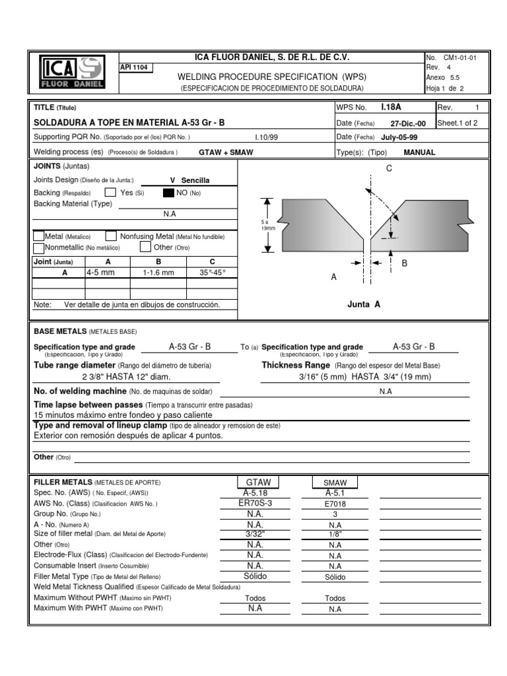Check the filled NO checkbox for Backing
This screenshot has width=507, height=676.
coord(168,193)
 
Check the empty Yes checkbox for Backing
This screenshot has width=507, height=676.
coord(110,193)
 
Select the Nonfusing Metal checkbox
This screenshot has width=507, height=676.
coord(112,236)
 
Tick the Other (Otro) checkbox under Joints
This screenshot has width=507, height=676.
coord(145,247)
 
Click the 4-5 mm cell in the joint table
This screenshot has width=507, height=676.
coord(100,271)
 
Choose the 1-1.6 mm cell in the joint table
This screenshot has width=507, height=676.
coord(158,271)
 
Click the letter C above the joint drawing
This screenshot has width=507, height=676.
coord(389,169)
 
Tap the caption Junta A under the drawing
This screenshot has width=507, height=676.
coord(364,304)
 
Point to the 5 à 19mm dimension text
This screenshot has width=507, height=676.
coord(264,225)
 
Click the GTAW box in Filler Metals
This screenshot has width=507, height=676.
coord(258,483)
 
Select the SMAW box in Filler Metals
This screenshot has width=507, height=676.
coord(335,483)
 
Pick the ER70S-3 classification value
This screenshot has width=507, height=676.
coord(255,503)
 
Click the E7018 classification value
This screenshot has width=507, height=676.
coord(334,503)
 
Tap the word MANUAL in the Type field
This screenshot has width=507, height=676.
coord(419,152)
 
